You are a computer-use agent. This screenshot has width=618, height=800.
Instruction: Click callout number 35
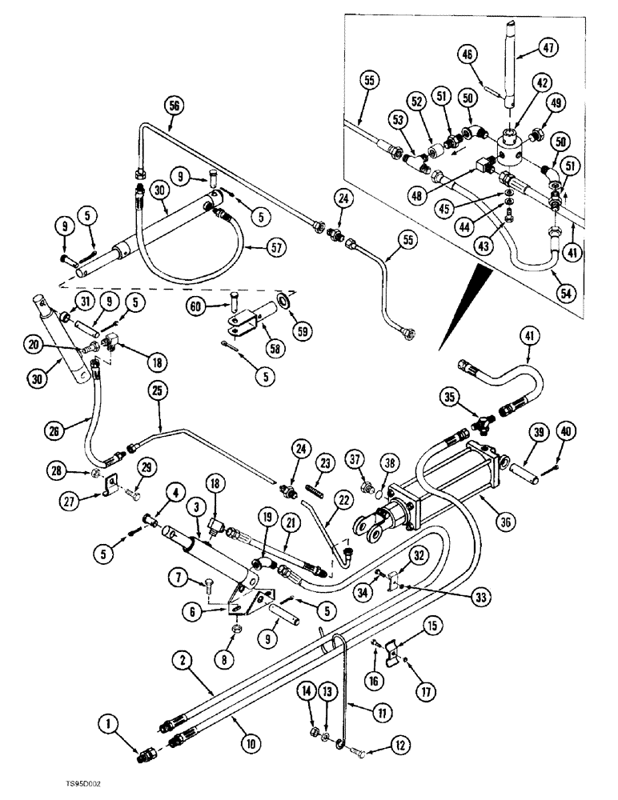tap(451, 396)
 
